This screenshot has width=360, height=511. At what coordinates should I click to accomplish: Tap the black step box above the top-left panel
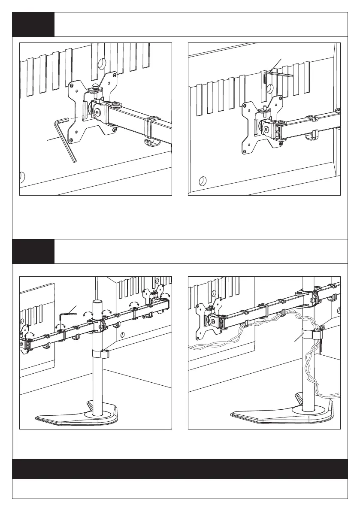pyautogui.click(x=33, y=24)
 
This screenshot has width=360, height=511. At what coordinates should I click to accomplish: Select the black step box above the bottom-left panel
pyautogui.click(x=33, y=251)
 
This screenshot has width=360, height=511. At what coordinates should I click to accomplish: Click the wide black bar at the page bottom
pyautogui.click(x=180, y=469)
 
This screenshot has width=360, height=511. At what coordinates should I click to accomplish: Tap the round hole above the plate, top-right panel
pyautogui.click(x=270, y=89)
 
